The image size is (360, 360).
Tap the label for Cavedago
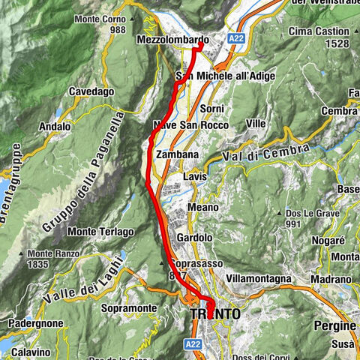[x=90, y=91]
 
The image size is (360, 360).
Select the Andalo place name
[x=54, y=127]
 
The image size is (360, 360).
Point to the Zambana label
[x=177, y=154]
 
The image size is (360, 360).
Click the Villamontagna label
[x=257, y=278]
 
